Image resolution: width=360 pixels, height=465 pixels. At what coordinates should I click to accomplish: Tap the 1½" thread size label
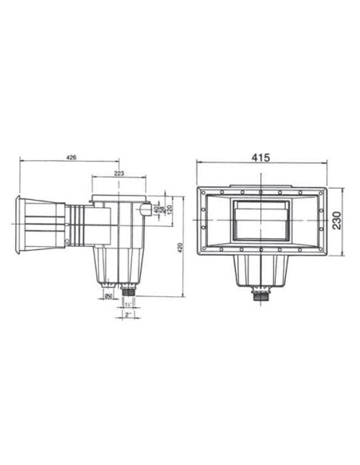click(x=128, y=304)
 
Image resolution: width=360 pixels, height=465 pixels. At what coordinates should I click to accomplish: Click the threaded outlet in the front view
click(x=260, y=295)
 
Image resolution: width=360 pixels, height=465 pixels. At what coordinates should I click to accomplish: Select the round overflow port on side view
click(x=143, y=210)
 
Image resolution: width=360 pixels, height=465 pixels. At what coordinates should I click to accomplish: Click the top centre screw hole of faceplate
click(x=260, y=192)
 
